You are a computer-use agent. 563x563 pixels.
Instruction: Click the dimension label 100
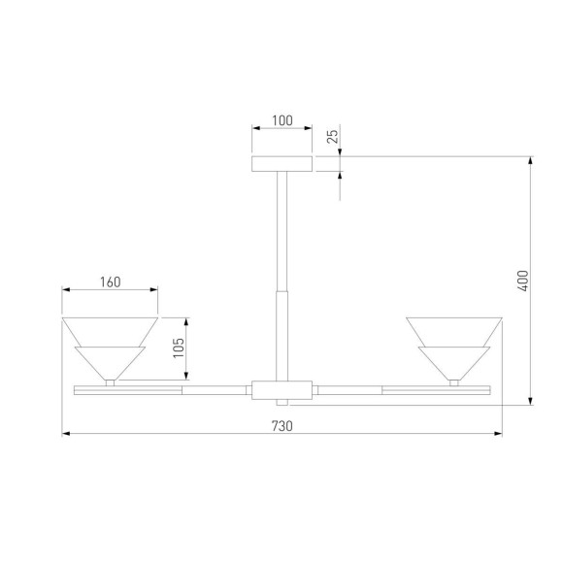click(282, 120)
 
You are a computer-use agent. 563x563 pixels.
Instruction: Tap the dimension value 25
click(333, 137)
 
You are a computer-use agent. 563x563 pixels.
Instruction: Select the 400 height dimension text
click(524, 281)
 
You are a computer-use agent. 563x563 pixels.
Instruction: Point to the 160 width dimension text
click(111, 282)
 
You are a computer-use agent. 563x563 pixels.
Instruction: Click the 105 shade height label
click(179, 348)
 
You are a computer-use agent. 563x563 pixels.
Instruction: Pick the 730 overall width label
click(282, 426)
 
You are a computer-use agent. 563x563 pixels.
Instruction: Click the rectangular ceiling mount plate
click(281, 164)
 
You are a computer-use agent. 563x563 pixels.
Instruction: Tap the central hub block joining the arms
click(281, 390)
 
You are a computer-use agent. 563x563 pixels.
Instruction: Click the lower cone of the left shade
click(110, 363)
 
